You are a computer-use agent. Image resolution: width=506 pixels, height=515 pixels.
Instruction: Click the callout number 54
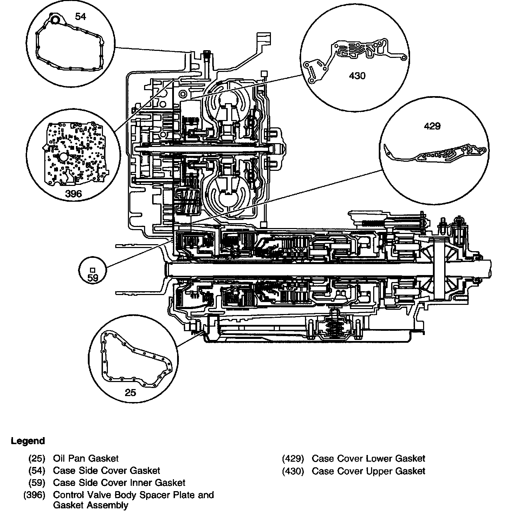tap(80, 16)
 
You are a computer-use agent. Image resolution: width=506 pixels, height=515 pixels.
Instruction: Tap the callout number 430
tap(357, 75)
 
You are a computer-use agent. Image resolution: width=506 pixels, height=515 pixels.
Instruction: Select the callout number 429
tap(432, 126)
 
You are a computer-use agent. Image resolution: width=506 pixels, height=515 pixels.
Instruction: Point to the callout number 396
tap(73, 194)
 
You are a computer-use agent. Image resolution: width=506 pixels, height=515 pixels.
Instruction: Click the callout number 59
tap(93, 278)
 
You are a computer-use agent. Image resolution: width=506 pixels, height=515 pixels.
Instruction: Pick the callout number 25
tap(130, 392)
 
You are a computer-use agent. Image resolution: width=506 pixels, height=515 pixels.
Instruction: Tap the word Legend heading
tap(28, 441)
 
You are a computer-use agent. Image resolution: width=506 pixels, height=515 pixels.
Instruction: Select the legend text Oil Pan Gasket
tap(86, 458)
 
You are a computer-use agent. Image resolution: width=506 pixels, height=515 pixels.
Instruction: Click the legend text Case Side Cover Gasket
tap(106, 470)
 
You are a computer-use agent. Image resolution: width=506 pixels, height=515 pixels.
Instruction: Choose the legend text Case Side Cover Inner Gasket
tap(119, 483)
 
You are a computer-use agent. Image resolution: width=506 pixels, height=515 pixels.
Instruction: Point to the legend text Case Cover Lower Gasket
tap(368, 458)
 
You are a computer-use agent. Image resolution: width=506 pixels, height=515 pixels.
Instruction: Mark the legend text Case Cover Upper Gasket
tap(368, 471)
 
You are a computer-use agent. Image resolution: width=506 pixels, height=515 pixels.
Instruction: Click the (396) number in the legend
tap(34, 495)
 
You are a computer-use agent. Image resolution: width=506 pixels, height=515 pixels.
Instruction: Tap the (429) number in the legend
tap(293, 458)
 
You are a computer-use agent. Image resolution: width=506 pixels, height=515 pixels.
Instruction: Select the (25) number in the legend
tap(37, 458)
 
